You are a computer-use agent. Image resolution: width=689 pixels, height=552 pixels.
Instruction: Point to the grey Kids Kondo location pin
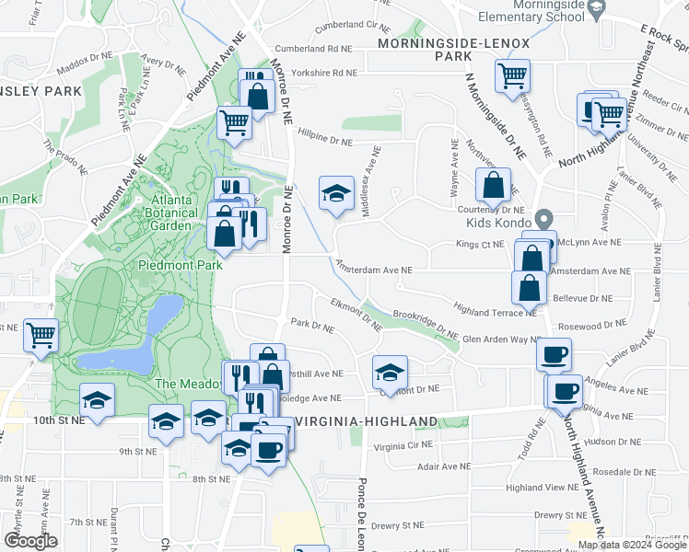(x=543, y=220)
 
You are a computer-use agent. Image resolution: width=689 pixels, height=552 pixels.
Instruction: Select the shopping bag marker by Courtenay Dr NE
(x=494, y=184)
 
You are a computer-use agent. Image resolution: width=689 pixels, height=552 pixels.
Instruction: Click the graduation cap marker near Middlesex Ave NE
(x=337, y=193)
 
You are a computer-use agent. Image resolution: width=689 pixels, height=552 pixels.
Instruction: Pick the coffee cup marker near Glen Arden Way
(x=555, y=354)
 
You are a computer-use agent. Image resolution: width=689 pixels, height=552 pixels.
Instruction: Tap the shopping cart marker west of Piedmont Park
(x=41, y=335)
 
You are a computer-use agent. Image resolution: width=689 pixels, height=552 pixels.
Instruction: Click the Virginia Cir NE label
(x=403, y=446)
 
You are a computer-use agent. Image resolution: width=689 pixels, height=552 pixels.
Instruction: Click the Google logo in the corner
(x=30, y=541)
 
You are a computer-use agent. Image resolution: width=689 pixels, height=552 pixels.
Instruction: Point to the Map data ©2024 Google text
(x=633, y=545)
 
